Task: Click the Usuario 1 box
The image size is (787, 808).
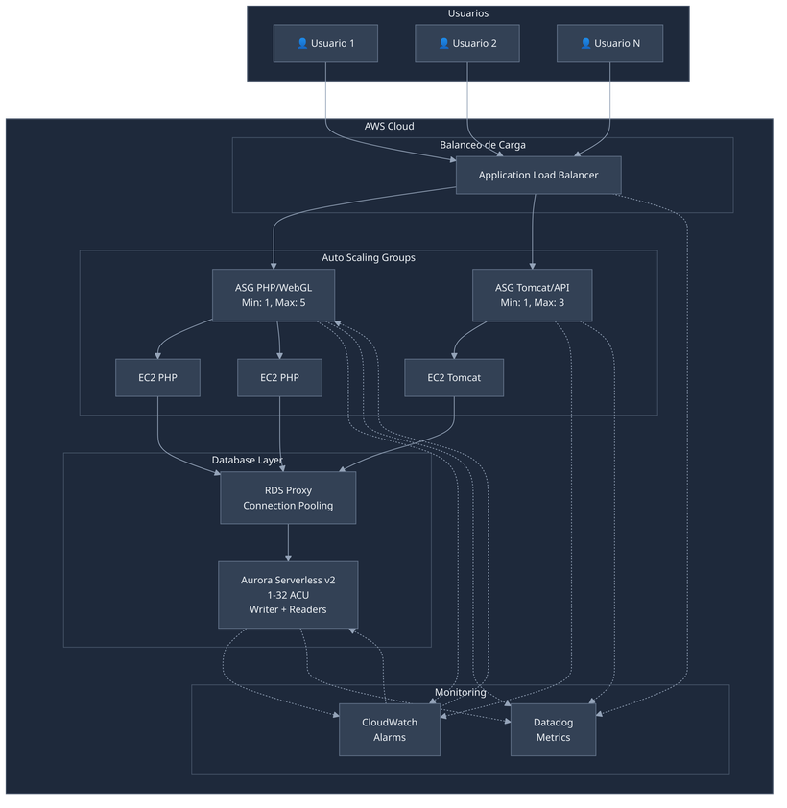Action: click(x=324, y=43)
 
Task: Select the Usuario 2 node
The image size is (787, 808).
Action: click(x=467, y=43)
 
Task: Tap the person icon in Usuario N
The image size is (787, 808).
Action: click(x=585, y=43)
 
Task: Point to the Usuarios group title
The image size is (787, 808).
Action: click(x=468, y=13)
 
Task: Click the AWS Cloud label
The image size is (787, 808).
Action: click(x=389, y=126)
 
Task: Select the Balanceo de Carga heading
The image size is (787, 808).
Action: click(x=482, y=145)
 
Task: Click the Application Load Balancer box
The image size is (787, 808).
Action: click(x=537, y=175)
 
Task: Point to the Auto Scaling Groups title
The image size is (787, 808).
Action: click(x=368, y=258)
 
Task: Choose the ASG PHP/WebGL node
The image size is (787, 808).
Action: click(x=274, y=295)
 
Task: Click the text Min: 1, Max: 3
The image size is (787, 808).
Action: click(x=533, y=303)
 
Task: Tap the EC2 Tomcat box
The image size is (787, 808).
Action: click(x=454, y=377)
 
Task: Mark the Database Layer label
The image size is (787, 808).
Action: click(x=247, y=461)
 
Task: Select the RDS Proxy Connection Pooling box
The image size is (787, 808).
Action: click(x=288, y=497)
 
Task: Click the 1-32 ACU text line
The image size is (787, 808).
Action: click(x=288, y=595)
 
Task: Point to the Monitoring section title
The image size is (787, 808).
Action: click(x=460, y=692)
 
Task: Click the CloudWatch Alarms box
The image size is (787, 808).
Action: click(x=390, y=729)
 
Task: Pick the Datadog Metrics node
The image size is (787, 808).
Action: click(x=552, y=729)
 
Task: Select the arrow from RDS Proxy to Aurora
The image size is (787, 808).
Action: click(x=288, y=542)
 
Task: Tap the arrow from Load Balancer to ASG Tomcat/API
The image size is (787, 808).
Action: click(x=533, y=230)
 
